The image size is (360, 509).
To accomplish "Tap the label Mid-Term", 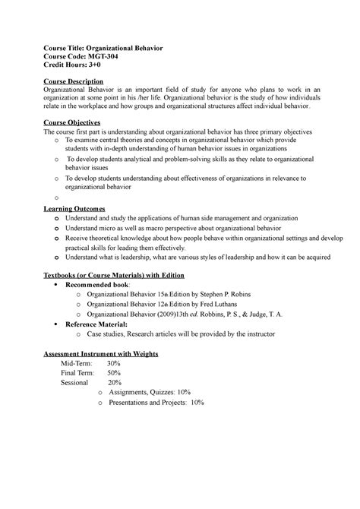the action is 77,365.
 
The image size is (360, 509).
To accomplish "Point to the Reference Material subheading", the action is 111,323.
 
